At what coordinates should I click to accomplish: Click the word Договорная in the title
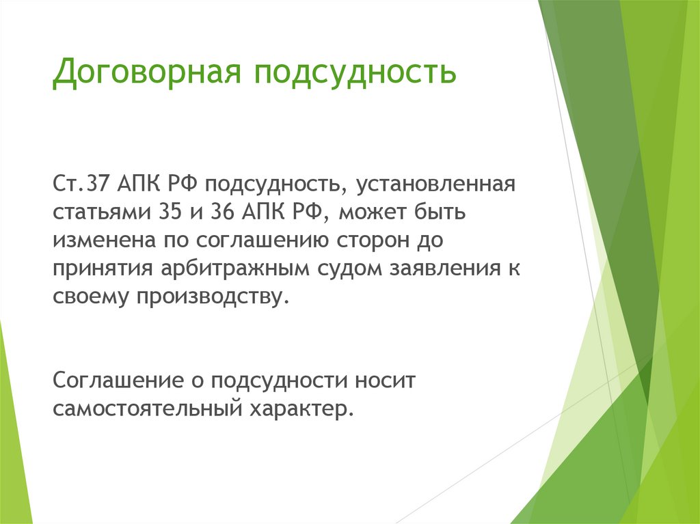point(147,72)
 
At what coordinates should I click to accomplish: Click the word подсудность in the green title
point(355,72)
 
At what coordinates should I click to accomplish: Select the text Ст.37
point(81,184)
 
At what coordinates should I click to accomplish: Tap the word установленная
point(435,184)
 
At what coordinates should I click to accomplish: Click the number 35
point(170,212)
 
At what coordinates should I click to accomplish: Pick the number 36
point(223,212)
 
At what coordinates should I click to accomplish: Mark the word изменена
point(105,240)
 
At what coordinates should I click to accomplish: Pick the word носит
point(385,381)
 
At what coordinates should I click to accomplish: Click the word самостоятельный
point(148,409)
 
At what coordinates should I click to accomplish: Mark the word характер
point(301,409)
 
